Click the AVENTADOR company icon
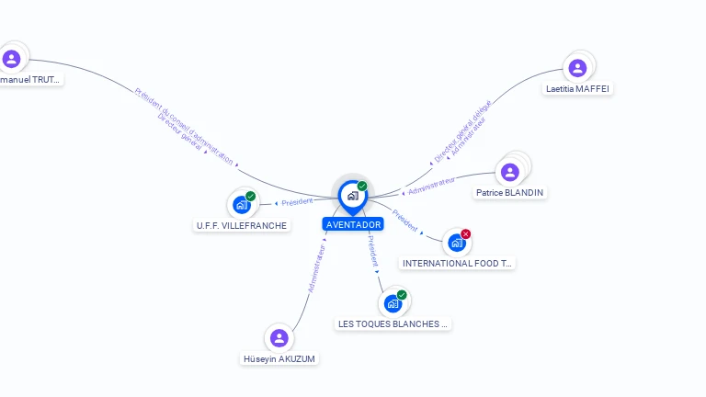[x=352, y=195]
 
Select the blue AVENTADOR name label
[x=353, y=224]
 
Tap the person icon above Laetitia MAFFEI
[x=577, y=68]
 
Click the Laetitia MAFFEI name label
[x=577, y=89]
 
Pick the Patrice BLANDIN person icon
[x=510, y=172]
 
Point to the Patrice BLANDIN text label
[x=510, y=193]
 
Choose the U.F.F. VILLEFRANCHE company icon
[x=241, y=204]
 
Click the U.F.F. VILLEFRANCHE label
[x=242, y=225]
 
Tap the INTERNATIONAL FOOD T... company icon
[x=456, y=243]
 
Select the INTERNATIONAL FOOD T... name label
[x=458, y=264]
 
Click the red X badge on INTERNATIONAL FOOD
[x=466, y=234]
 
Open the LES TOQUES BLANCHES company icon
[x=393, y=303]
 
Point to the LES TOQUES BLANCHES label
[x=393, y=323]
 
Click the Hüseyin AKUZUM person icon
[x=279, y=338]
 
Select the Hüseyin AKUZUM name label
[x=279, y=358]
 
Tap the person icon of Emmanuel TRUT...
[x=11, y=59]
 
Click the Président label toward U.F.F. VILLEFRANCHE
[x=297, y=201]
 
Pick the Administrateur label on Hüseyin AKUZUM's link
[x=316, y=268]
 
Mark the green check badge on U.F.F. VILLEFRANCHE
[x=251, y=196]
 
